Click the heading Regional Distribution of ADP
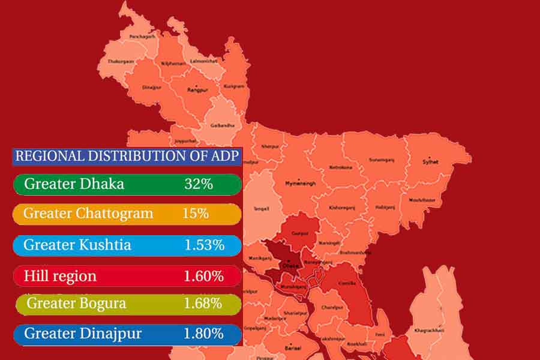click(x=127, y=157)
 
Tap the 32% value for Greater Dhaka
click(x=199, y=184)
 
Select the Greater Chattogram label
click(x=88, y=214)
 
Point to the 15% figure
click(x=196, y=214)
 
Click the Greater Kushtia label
click(x=77, y=245)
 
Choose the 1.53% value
click(x=204, y=245)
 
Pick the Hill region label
click(x=60, y=276)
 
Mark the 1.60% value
click(x=203, y=276)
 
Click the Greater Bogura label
click(x=76, y=304)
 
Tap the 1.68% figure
click(x=203, y=304)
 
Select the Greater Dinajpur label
click(x=83, y=334)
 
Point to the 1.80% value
click(x=203, y=334)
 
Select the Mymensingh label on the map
click(x=300, y=182)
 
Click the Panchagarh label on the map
click(x=143, y=37)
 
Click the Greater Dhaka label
click(x=74, y=184)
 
